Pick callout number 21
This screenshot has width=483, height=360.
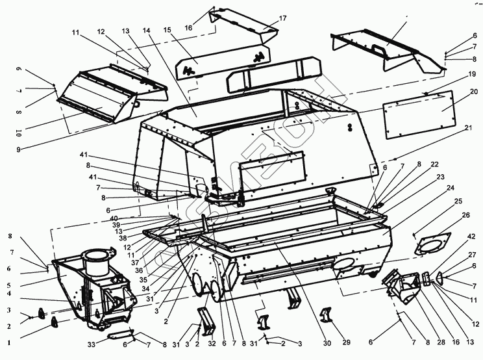[468, 129]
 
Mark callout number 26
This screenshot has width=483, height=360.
[465, 215]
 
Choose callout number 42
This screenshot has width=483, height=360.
[470, 237]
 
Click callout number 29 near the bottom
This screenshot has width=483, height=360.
[346, 342]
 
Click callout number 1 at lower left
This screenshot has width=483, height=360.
[9, 341]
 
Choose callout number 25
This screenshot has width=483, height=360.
[458, 201]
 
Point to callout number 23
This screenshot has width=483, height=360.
[441, 177]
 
